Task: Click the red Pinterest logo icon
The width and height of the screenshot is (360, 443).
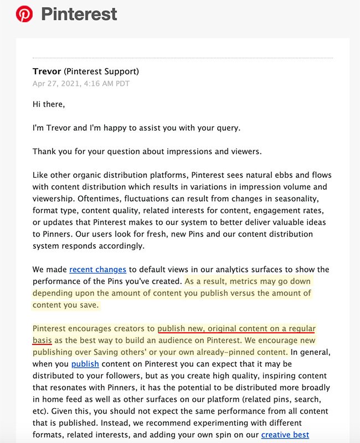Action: [x=24, y=14]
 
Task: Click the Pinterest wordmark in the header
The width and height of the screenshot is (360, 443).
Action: [x=79, y=14]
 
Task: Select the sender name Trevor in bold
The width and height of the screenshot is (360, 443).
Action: [x=47, y=71]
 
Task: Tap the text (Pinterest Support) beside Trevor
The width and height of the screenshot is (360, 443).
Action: [x=101, y=71]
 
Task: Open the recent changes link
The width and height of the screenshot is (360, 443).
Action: [x=97, y=270]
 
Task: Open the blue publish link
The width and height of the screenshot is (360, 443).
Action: [x=85, y=364]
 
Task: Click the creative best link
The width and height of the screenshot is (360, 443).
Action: [x=285, y=435]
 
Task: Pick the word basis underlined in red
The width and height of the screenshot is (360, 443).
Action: [x=42, y=341]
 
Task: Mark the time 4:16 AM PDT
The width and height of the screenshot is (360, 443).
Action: [x=111, y=84]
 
